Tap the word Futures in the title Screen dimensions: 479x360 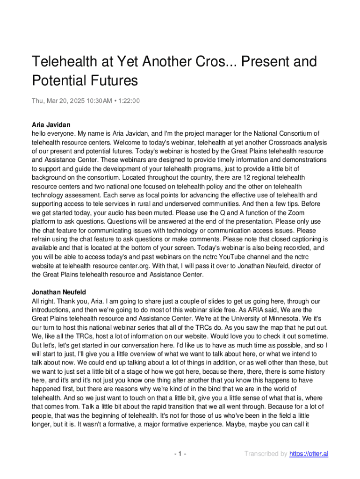coord(114,80)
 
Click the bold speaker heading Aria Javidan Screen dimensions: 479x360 coord(51,125)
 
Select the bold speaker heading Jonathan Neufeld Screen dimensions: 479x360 coord(58,292)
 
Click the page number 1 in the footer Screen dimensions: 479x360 coord(180,454)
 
